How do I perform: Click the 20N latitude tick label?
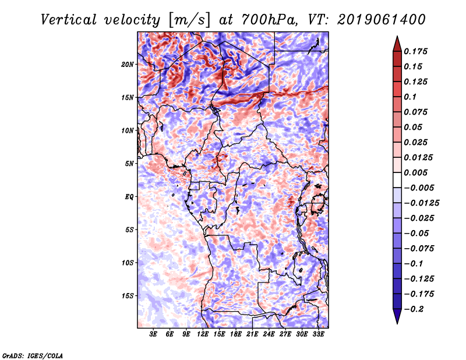pos(128,64)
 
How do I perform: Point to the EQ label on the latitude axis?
pos(129,197)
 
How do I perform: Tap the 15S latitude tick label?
pos(128,296)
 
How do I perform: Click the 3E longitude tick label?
pos(154,334)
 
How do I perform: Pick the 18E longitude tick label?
pos(235,334)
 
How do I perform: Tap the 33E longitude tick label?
pos(318,334)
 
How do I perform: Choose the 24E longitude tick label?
pos(269,334)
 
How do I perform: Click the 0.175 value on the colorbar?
pos(417,51)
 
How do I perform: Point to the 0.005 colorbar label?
pos(417,172)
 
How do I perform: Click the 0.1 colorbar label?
pos(411,97)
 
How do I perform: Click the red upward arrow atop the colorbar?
pos(397,43)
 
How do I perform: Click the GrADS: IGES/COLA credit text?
pos(33,355)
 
